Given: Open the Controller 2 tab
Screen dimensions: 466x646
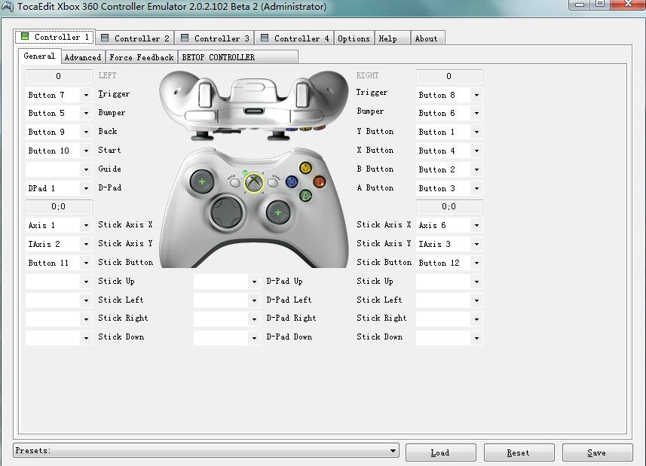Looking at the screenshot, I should [135, 38].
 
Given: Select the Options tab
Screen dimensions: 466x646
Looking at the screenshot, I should [354, 38].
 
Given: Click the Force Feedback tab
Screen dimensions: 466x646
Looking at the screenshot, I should [141, 57].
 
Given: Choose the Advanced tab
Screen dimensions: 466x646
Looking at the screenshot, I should [82, 57].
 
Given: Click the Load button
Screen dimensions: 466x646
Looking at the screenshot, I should [440, 452].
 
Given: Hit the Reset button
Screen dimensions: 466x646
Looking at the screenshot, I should [519, 452].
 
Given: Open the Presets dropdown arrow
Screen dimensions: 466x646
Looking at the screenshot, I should [393, 451].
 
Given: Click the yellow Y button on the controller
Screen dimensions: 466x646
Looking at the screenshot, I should [305, 169].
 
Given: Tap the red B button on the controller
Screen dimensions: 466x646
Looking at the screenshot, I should [319, 181].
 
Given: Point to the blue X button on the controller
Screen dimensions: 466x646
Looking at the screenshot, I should [292, 181].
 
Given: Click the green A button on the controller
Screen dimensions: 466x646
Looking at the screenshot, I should [305, 195].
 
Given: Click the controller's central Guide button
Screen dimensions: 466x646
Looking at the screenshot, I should [253, 181].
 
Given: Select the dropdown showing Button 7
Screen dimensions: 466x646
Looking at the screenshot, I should [58, 95].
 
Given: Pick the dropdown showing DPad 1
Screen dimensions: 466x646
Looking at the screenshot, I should [58, 188].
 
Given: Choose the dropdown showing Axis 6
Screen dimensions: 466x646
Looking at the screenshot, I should [449, 225].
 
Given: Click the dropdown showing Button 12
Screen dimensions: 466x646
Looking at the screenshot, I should [449, 263].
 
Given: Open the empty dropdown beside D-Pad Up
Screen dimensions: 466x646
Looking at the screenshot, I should [226, 282].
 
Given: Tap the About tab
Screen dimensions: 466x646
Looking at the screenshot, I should [426, 38].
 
